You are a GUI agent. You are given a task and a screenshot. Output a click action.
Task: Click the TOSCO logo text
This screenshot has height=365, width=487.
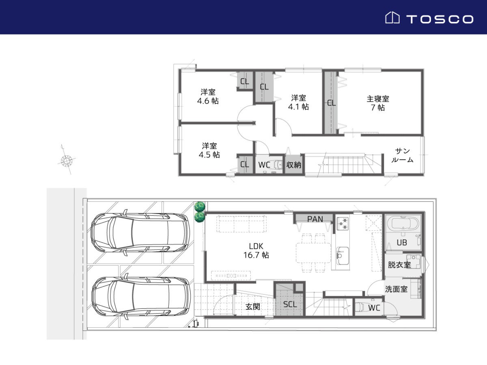click(x=440, y=19)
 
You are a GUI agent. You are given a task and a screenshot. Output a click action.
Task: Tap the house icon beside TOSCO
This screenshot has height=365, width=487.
click(x=392, y=17)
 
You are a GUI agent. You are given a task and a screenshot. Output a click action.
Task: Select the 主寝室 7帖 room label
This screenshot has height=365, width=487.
click(x=378, y=103)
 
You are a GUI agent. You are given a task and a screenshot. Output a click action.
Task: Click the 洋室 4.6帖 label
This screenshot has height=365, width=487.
click(x=208, y=97)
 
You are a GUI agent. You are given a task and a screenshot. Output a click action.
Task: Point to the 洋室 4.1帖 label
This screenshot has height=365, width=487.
click(x=298, y=102)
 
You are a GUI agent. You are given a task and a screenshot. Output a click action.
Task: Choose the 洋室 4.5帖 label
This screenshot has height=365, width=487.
click(x=209, y=150)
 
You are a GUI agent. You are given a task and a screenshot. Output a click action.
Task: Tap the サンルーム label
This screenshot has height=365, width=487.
click(x=402, y=155)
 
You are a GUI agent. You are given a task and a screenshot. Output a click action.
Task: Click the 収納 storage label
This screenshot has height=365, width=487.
click(x=293, y=165)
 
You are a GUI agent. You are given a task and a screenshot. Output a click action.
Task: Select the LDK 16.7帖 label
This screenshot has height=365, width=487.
click(x=256, y=251)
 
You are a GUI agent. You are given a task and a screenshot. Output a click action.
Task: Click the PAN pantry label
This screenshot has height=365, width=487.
click(x=315, y=219)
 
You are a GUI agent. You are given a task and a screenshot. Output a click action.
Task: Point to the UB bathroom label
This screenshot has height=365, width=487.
click(x=402, y=243)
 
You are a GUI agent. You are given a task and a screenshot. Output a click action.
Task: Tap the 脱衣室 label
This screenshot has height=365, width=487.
click(x=399, y=265)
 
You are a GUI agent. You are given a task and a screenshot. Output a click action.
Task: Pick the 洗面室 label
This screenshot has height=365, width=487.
click(x=396, y=289)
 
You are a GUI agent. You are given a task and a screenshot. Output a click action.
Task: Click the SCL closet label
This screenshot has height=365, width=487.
click(x=290, y=304)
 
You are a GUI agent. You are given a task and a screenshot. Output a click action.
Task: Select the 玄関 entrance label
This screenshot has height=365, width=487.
click(x=253, y=307)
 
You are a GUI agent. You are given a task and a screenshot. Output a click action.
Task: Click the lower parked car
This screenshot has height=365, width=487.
click(x=141, y=296)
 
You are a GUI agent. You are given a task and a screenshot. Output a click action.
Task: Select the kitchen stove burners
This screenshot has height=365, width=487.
click(x=343, y=224)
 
